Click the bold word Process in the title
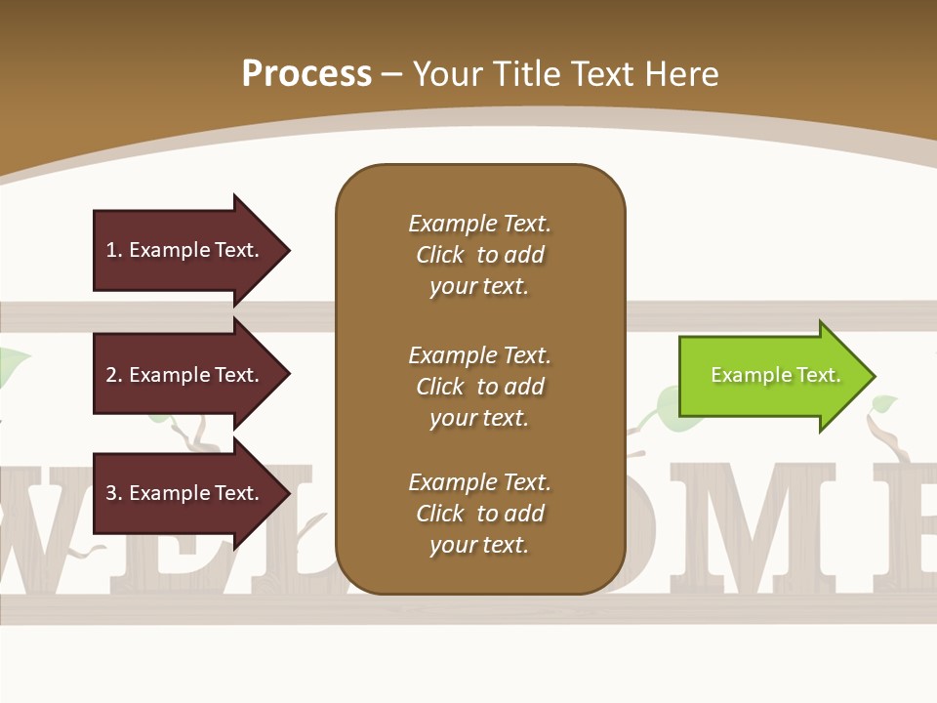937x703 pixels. coord(306,74)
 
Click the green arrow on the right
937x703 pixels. coord(771,376)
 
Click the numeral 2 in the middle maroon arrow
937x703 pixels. coord(111,375)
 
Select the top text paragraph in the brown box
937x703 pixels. coord(479,255)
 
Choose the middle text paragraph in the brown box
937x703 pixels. coord(479,387)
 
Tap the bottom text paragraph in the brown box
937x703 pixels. coord(479,514)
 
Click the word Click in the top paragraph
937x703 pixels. coord(439,255)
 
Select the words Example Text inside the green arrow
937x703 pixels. coord(775,375)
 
